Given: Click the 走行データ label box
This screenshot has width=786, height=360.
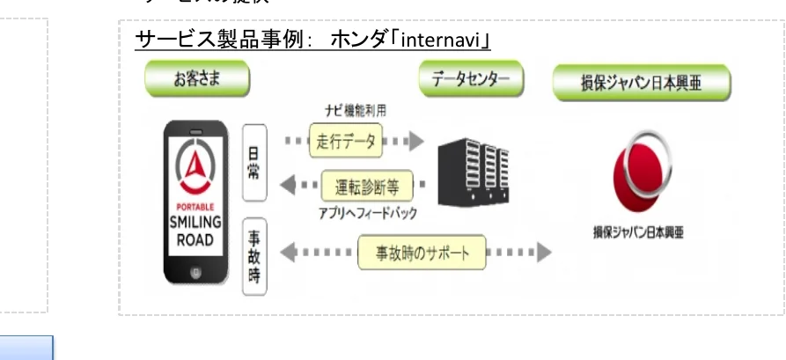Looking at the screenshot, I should [344, 141].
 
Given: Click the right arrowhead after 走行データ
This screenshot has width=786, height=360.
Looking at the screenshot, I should [414, 141].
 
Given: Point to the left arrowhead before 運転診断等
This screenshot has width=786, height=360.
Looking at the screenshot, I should [287, 186].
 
